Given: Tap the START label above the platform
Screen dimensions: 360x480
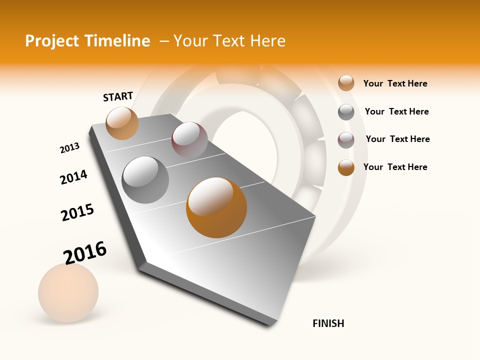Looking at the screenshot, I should tap(118, 96).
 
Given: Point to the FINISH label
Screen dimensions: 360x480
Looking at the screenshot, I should tap(328, 323).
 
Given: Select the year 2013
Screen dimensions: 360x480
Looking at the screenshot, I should tap(69, 148).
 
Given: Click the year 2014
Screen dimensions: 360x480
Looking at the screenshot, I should tap(73, 177).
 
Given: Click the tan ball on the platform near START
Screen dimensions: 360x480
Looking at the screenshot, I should tap(122, 123).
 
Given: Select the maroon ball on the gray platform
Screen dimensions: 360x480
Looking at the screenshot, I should tap(189, 140).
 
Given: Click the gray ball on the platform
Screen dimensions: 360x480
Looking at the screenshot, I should tap(145, 179).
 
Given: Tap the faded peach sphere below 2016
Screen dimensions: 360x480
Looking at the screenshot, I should tap(68, 292).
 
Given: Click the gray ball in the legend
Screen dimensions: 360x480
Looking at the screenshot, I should tap(346, 112).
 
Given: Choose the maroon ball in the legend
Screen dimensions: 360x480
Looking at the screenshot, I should tap(346, 140).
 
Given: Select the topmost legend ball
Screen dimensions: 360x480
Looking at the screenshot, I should tap(346, 83).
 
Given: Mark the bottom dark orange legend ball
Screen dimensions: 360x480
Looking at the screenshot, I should tap(346, 167).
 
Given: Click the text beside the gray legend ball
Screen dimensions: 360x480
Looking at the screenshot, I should tap(396, 111).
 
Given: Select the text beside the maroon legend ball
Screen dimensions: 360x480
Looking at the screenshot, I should tap(397, 139).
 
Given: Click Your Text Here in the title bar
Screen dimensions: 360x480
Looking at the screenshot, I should tap(229, 41).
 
